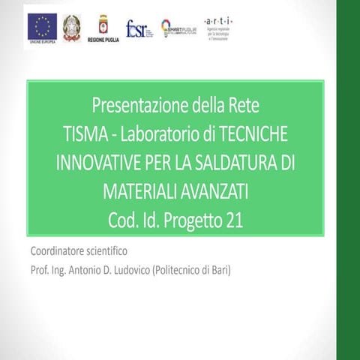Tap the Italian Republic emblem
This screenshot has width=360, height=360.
(72, 27)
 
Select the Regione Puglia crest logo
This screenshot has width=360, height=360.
(103, 24)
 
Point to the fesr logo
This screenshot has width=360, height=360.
(139, 28)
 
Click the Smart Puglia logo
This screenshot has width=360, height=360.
(178, 28)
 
